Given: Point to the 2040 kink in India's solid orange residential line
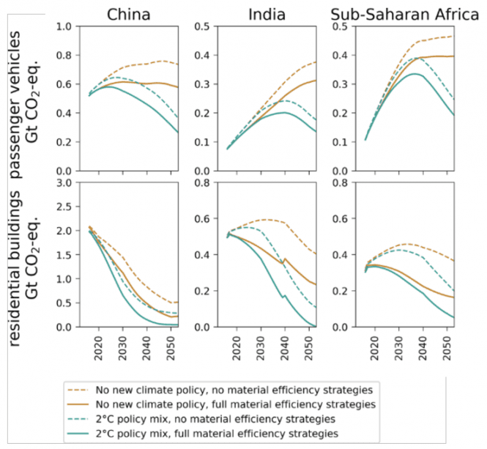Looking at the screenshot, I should click(x=284, y=259).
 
